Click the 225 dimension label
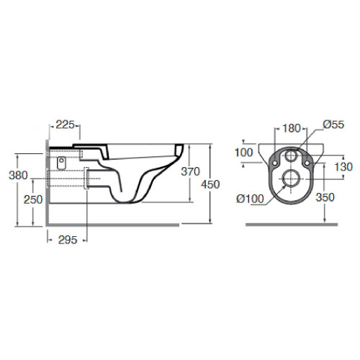click(65, 125)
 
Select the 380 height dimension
click(18, 176)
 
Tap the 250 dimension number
click(33, 199)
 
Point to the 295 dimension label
click(68, 240)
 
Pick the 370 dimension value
click(190, 171)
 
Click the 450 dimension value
click(210, 184)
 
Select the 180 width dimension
click(292, 128)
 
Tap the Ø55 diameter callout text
click(333, 125)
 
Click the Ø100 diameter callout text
click(250, 199)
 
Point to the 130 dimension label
click(343, 167)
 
